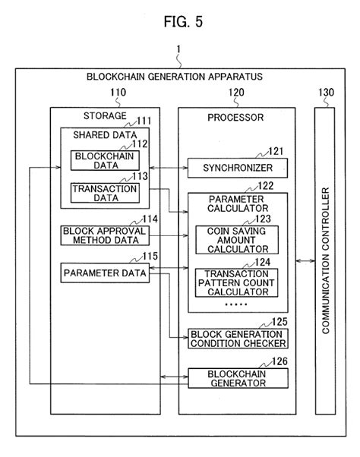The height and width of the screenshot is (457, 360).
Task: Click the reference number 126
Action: [x=279, y=362]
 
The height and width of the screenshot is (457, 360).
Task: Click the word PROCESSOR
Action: [x=235, y=118]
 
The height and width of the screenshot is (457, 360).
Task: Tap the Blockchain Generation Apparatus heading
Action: [x=174, y=77]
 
